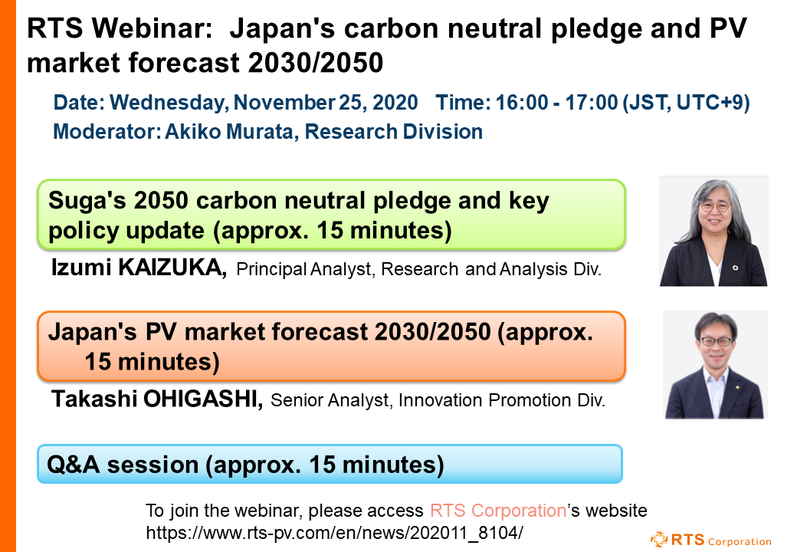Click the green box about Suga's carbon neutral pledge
(x=332, y=215)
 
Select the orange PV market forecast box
(x=332, y=347)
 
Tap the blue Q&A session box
(x=330, y=464)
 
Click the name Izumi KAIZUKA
(x=138, y=268)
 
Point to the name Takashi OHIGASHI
(x=157, y=399)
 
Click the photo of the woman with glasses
(x=713, y=231)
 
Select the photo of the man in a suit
(x=714, y=365)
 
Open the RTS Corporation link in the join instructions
(x=497, y=511)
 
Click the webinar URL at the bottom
(x=334, y=531)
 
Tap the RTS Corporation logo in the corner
(x=710, y=540)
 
